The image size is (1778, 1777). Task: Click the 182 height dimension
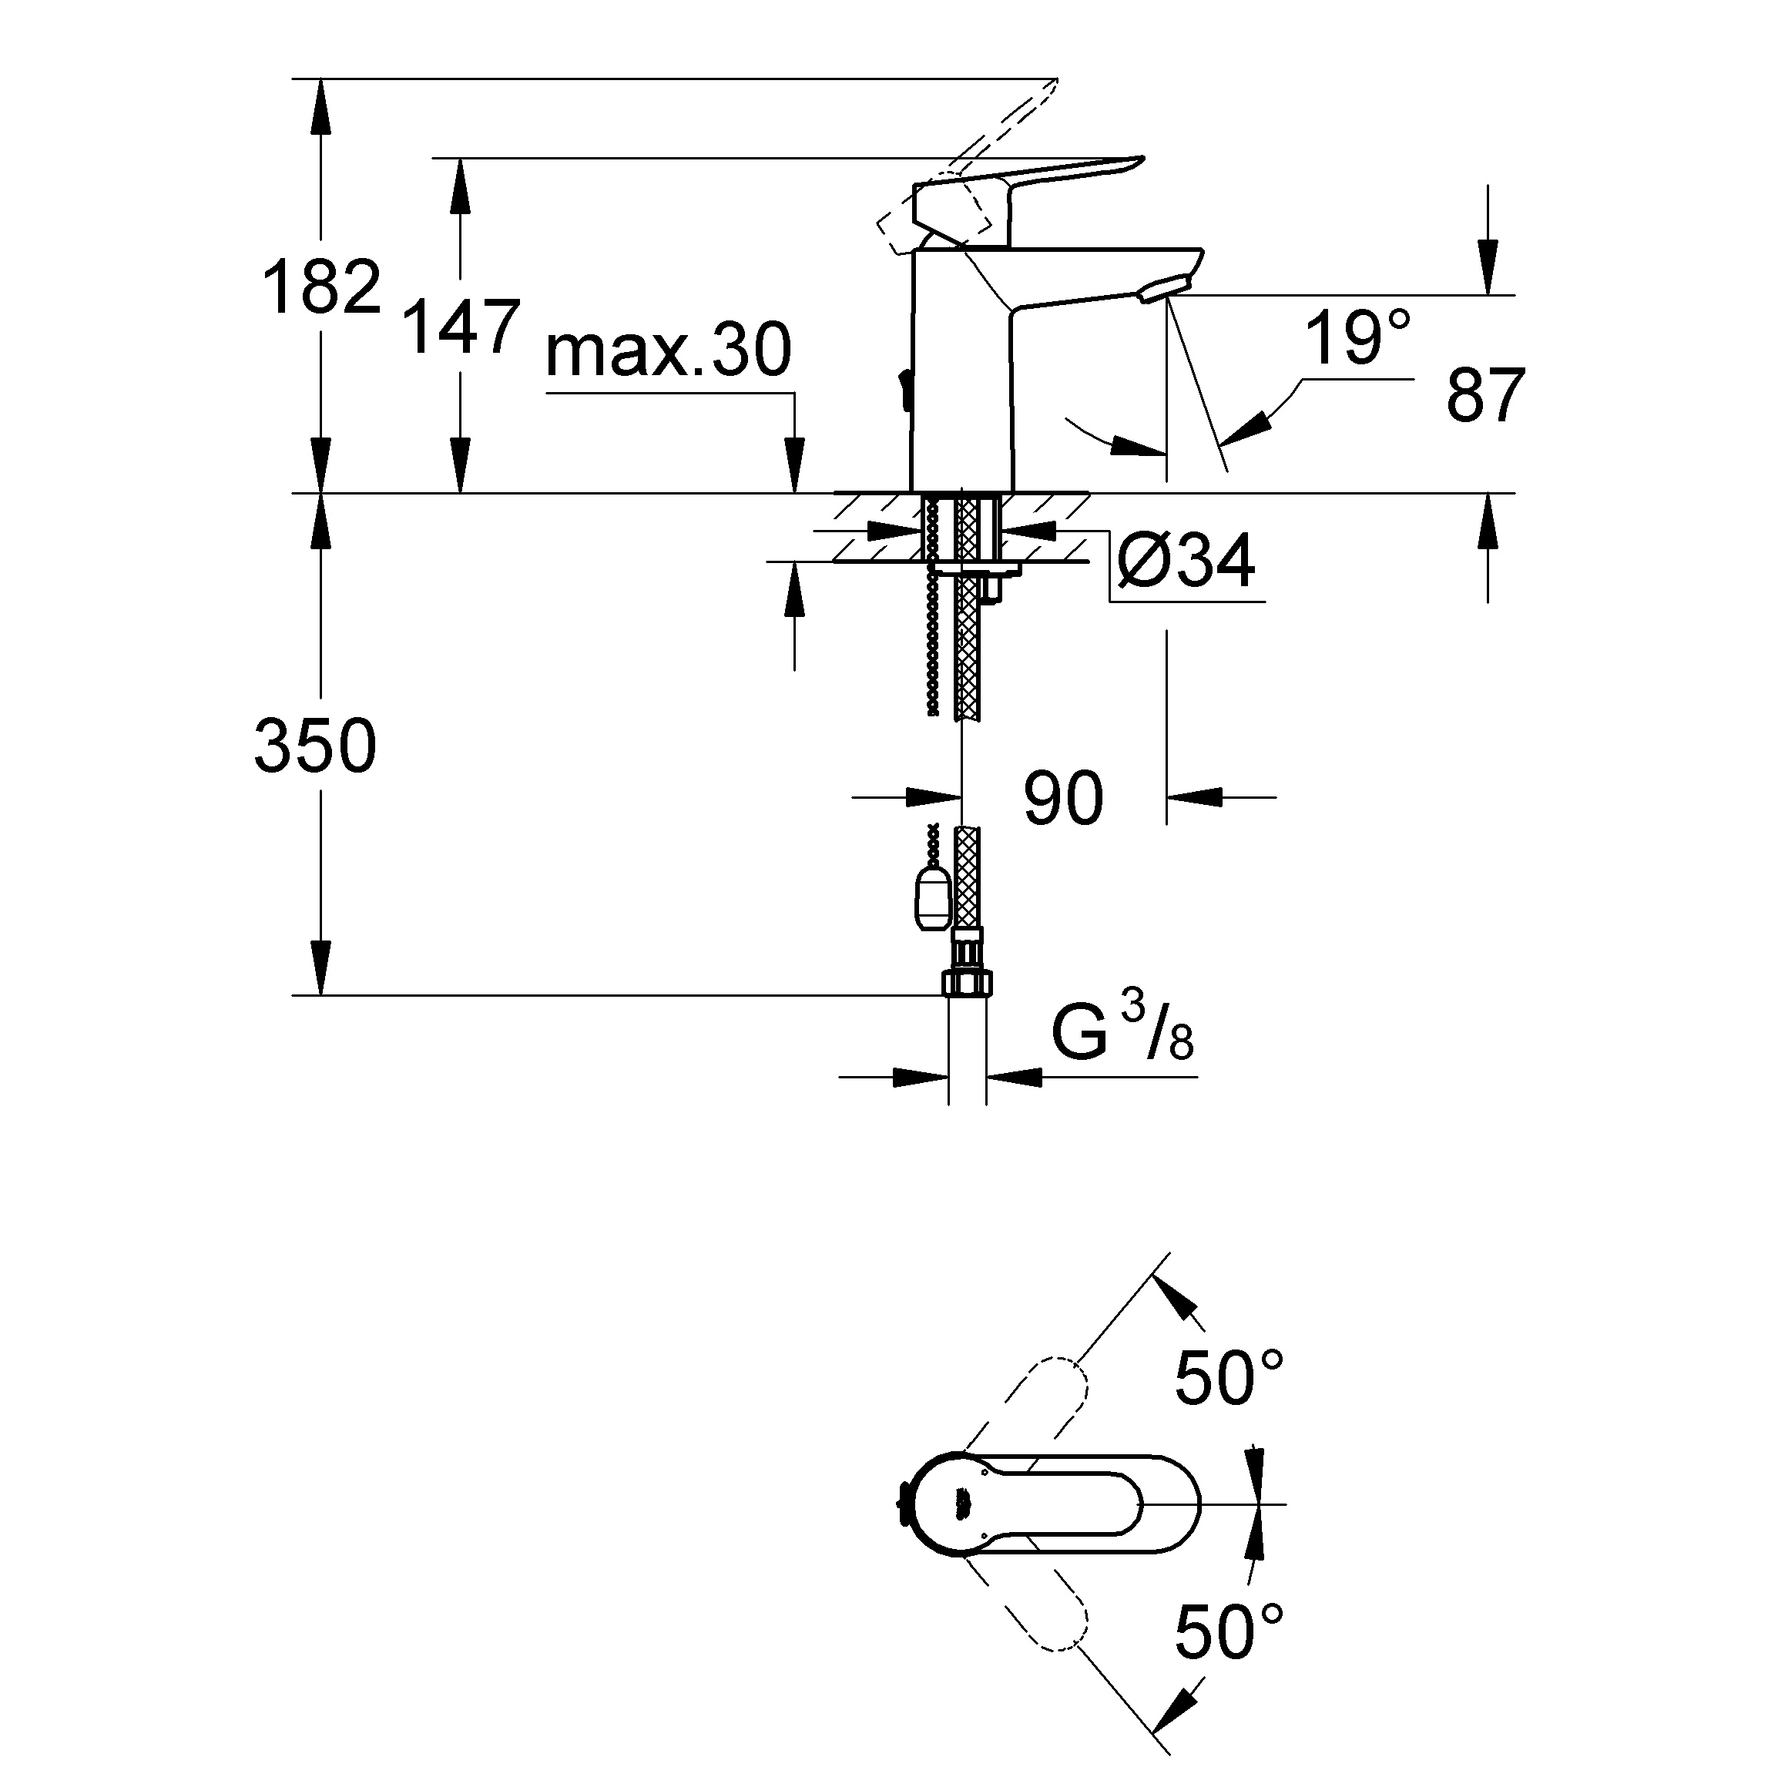321,287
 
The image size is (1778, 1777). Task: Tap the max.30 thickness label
668,350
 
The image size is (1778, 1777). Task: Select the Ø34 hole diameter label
1186,561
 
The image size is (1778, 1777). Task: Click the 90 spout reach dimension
1063,797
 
